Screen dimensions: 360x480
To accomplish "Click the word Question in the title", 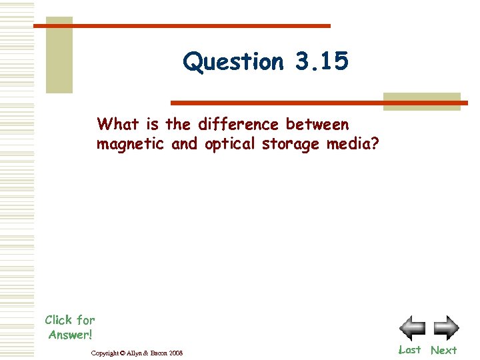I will coord(233,62).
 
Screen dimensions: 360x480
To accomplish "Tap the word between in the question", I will coord(317,124).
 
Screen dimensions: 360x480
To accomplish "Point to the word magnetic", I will coord(130,144).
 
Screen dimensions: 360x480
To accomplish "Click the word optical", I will coord(229,144).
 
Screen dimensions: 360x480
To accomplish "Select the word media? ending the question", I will coord(352,144).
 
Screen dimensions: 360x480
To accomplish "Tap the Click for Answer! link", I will coord(70,327).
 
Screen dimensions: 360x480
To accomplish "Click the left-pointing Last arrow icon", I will coord(412,328).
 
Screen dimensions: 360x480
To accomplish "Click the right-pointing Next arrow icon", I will coord(446,328).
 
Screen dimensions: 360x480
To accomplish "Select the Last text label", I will coord(410,350).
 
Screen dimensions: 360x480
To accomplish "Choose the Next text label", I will coord(444,350).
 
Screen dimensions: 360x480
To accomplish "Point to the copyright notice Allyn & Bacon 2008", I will coord(137,352).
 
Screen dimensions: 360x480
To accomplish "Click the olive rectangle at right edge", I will coord(421,101).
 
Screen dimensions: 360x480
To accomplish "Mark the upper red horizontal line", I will coord(182,26).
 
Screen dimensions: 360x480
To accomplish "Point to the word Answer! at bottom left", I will coord(70,334).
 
